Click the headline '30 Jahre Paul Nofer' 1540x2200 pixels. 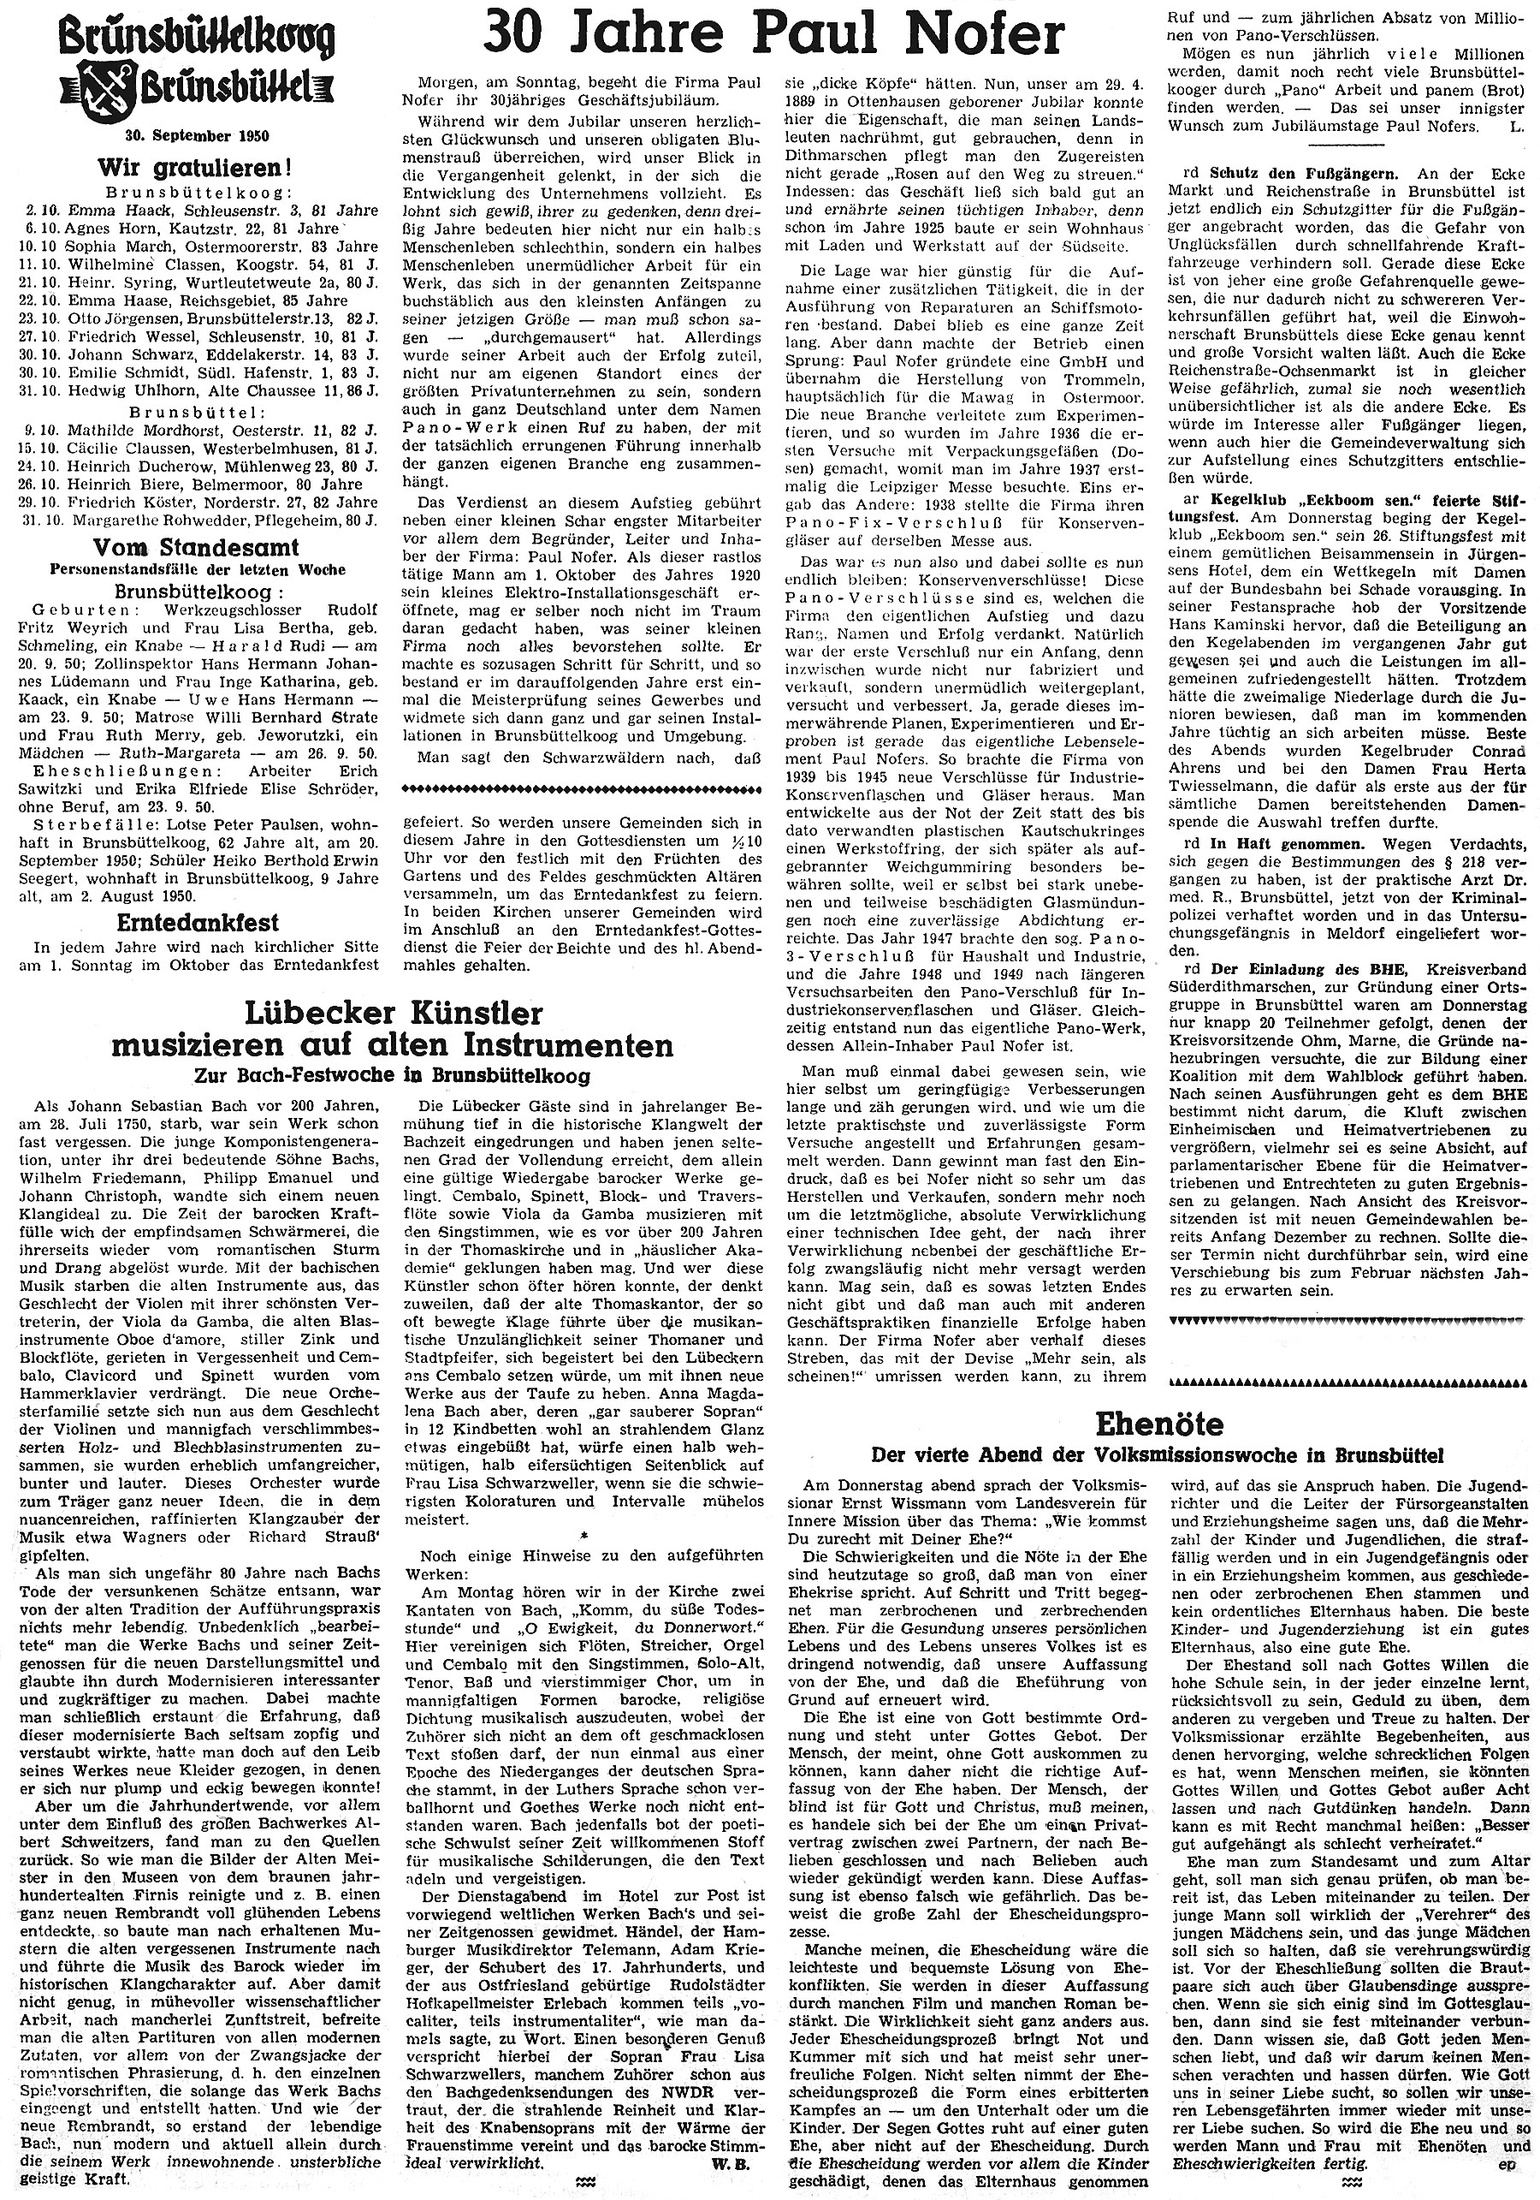point(773,38)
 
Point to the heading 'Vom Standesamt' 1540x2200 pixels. point(195,547)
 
